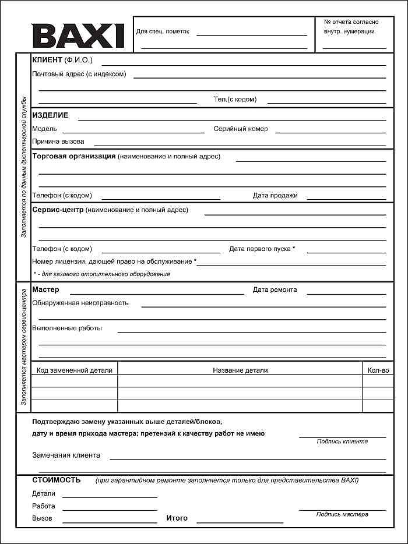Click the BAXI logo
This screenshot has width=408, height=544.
(78, 36)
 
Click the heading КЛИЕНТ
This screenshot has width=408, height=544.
(47, 60)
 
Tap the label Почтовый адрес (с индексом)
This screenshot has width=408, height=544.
(79, 74)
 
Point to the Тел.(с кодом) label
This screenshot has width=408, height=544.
(235, 100)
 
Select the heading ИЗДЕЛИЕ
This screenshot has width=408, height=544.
(50, 115)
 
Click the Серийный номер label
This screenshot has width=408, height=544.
(241, 129)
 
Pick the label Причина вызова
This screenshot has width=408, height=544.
(58, 142)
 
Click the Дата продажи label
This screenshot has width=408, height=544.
(275, 196)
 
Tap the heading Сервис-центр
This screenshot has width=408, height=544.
(58, 210)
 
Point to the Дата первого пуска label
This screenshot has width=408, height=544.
(262, 249)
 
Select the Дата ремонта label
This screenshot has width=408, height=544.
(275, 289)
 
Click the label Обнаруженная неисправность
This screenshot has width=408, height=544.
(80, 303)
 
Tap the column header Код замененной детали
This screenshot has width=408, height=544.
(74, 370)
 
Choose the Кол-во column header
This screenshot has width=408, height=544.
(378, 370)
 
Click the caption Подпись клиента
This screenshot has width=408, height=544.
(342, 441)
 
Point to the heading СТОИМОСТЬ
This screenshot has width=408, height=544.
(56, 480)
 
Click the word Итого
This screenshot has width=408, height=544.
(177, 518)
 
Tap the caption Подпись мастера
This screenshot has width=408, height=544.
(342, 514)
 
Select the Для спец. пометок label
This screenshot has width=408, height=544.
(163, 31)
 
